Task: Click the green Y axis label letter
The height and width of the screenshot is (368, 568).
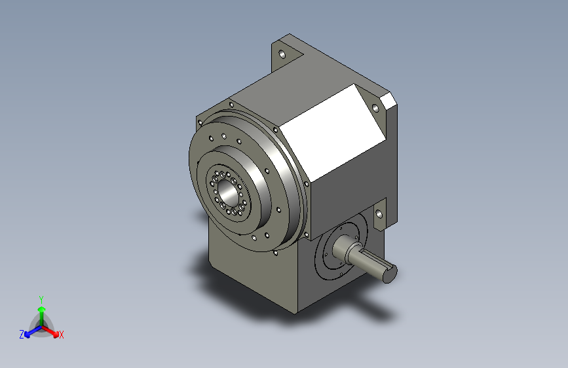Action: (41, 298)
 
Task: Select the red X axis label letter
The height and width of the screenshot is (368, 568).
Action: (62, 335)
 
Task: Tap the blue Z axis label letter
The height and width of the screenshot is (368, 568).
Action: (22, 334)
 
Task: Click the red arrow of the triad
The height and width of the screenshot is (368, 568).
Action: (52, 329)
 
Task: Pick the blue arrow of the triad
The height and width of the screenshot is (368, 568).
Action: (30, 329)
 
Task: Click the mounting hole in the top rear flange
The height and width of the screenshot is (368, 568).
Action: (282, 54)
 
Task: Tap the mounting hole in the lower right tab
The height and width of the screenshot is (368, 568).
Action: (379, 214)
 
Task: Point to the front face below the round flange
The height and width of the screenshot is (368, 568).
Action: (249, 275)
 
